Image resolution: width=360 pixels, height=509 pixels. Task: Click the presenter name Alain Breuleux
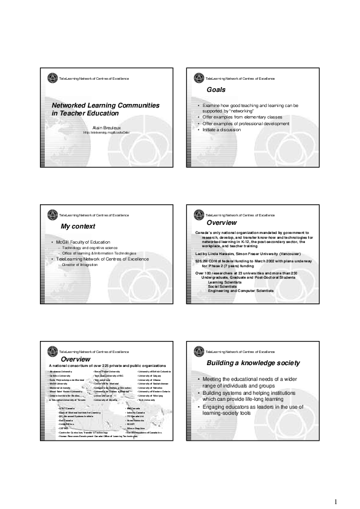coord(107,127)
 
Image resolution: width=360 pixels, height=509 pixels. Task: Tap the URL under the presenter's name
coord(106,132)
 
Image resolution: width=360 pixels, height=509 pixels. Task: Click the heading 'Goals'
coord(216,89)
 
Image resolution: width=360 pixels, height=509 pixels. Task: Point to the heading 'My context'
coord(78,226)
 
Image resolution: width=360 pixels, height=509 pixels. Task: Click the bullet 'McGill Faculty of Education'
coord(83,242)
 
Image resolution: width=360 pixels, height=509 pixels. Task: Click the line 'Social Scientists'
coord(221,286)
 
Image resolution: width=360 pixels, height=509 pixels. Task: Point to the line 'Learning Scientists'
coord(224,282)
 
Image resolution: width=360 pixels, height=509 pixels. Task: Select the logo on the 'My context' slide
coord(50,215)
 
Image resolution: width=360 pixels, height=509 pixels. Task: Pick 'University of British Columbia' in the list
coord(155,371)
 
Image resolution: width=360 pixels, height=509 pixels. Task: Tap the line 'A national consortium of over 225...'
coord(107,366)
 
